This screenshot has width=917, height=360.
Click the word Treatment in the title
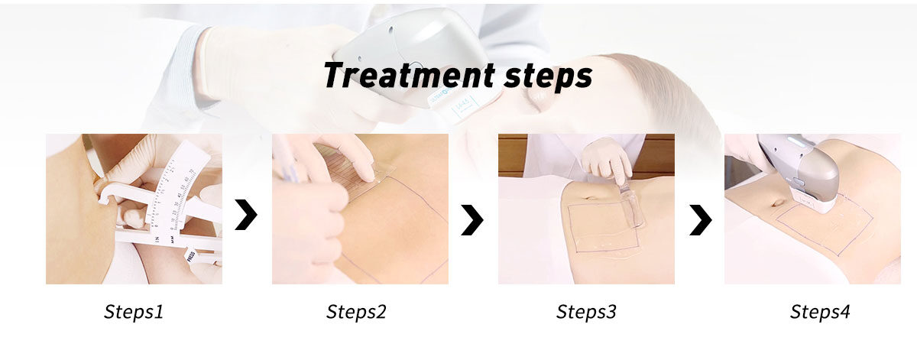410,75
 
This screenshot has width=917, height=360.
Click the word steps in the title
548,77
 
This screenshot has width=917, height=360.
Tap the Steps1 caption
134,312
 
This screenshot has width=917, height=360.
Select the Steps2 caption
356,312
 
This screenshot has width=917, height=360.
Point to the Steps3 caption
586,312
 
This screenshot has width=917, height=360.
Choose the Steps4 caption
820,312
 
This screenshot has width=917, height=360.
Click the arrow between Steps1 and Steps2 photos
246,215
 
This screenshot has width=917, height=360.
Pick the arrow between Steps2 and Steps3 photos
472,220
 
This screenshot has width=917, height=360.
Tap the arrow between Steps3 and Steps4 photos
701,220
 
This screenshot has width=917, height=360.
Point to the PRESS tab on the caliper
190,255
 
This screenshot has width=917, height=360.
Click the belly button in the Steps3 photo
588,198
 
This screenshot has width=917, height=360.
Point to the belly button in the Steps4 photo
777,203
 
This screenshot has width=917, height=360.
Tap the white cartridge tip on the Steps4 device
812,202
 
